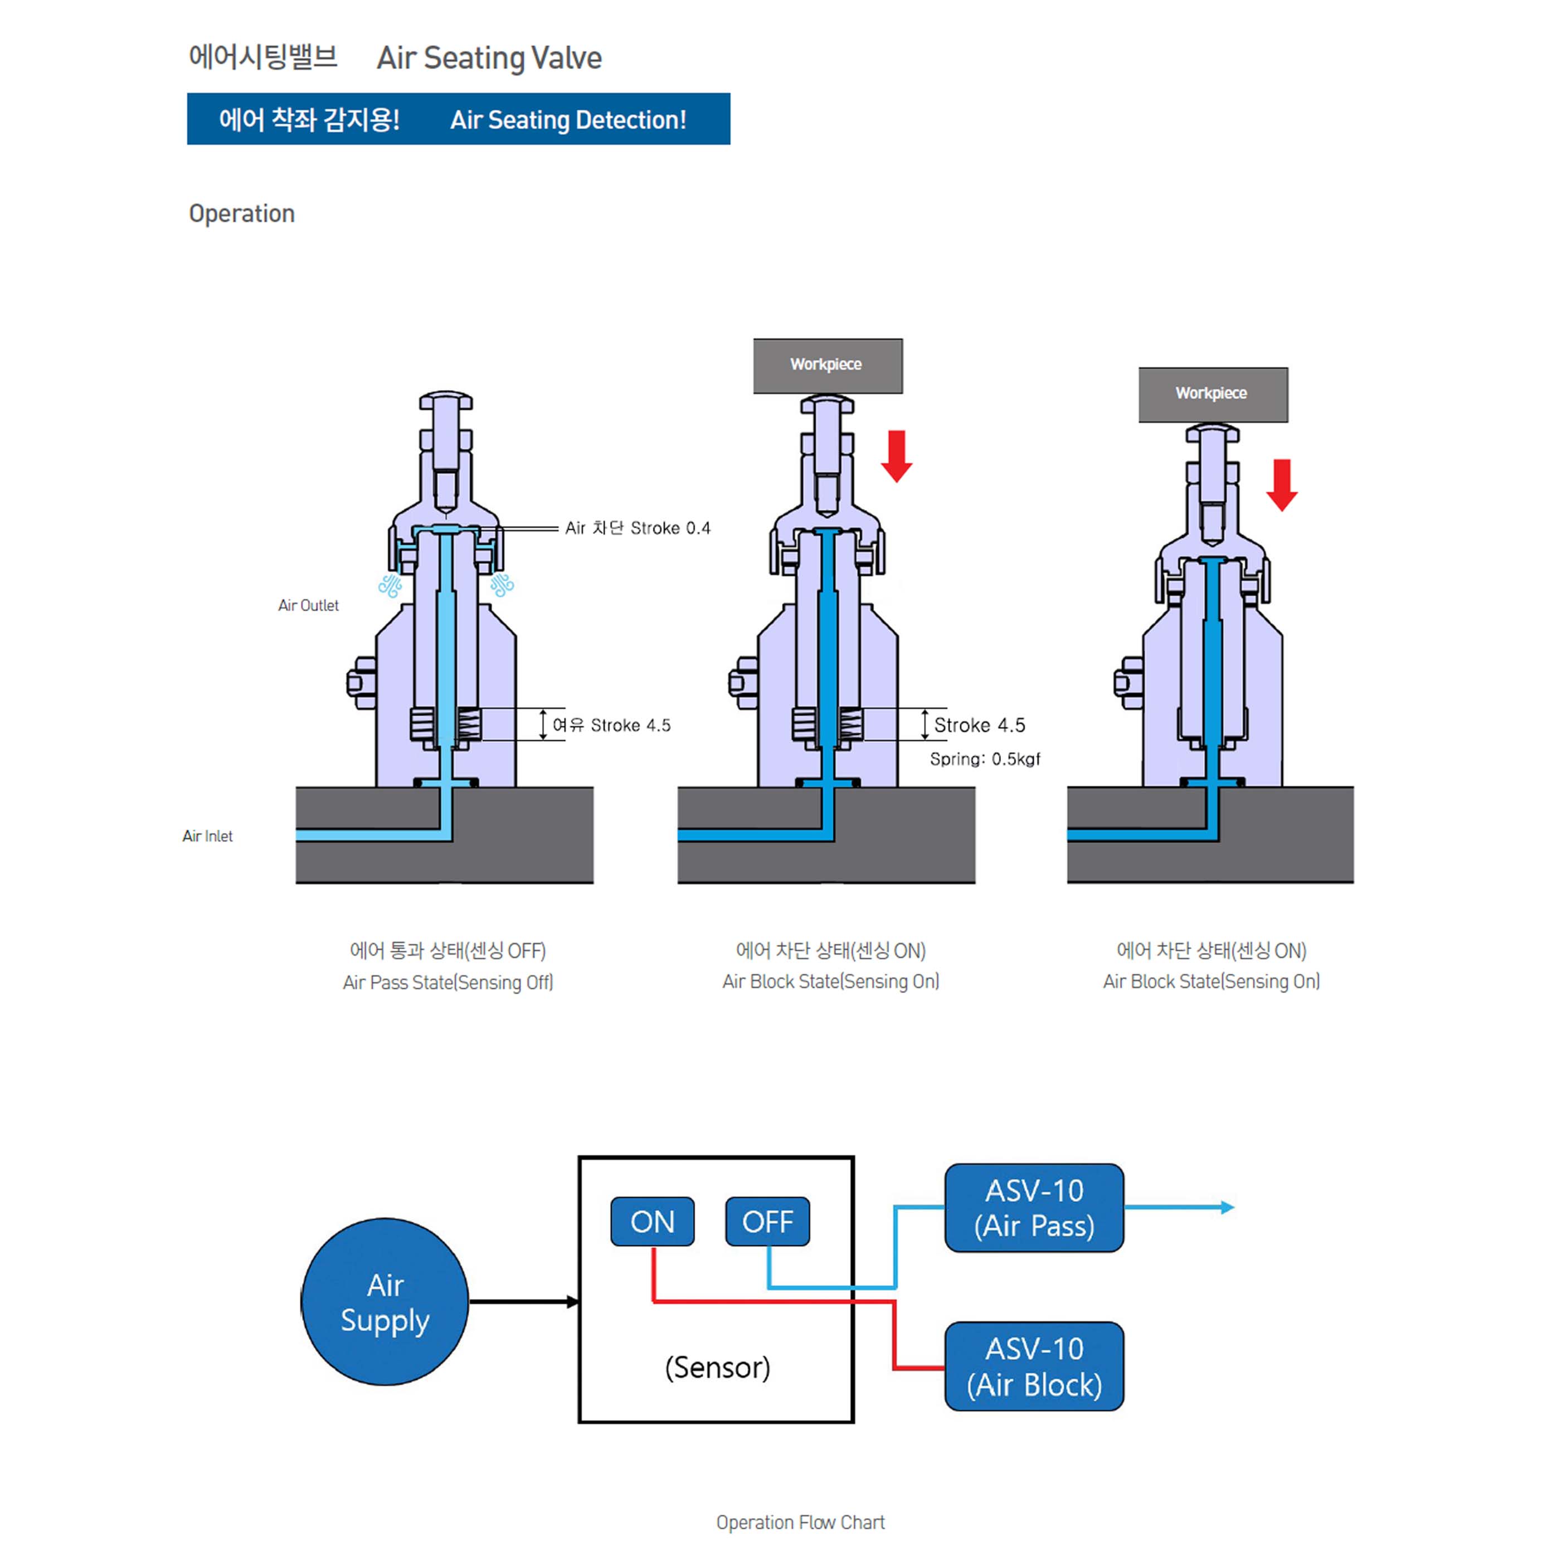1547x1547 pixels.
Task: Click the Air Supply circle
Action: (x=385, y=1301)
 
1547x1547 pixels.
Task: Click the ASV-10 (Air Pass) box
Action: (x=1034, y=1208)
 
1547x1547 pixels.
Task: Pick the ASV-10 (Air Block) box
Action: (x=1034, y=1366)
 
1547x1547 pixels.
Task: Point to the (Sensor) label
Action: (x=717, y=1367)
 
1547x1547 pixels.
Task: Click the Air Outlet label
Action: (x=308, y=605)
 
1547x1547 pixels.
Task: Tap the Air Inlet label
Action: (x=207, y=836)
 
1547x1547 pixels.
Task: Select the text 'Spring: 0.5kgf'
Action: (x=985, y=759)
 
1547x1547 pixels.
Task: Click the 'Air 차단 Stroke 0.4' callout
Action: (x=638, y=528)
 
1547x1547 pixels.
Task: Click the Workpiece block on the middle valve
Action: (x=827, y=365)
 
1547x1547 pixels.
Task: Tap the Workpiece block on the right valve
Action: (x=1212, y=394)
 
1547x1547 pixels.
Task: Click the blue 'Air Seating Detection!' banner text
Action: (x=568, y=120)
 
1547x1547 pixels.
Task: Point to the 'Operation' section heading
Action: (x=242, y=214)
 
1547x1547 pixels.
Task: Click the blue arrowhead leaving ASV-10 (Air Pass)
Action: (x=1227, y=1208)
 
